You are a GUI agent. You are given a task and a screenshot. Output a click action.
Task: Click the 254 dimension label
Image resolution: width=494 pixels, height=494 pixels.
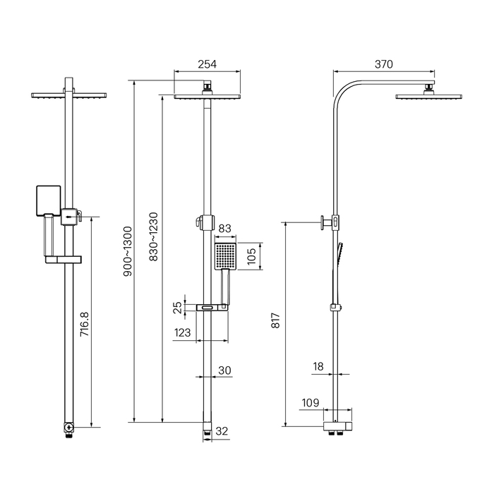coord(207,64)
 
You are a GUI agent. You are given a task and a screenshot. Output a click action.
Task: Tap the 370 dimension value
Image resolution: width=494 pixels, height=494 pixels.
coord(384,64)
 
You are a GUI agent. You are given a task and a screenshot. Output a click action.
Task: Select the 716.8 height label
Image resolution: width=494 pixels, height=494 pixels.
coord(85,324)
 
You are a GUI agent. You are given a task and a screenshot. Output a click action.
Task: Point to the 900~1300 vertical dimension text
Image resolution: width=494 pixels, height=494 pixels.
coord(128,251)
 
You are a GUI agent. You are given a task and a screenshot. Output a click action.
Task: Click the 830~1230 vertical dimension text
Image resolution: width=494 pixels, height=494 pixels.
coord(153,237)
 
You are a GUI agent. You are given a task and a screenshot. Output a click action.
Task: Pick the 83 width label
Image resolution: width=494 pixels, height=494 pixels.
coord(224,229)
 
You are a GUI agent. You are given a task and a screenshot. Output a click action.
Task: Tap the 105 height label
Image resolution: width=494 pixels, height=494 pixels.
coord(251,256)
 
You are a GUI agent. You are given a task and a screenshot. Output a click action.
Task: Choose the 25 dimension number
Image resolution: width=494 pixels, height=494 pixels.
coord(178,308)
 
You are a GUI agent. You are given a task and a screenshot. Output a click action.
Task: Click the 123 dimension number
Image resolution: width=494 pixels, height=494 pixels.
coord(182,332)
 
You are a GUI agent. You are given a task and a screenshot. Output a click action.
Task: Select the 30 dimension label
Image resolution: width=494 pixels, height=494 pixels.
coord(224,370)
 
